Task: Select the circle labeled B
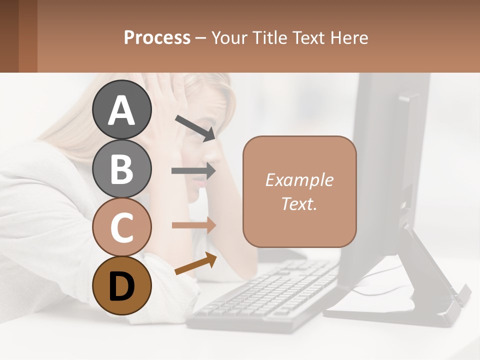click(x=122, y=168)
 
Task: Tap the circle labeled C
click(x=122, y=227)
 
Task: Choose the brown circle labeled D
click(x=122, y=285)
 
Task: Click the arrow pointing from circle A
click(x=195, y=128)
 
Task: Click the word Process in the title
click(x=157, y=37)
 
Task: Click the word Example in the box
click(x=299, y=180)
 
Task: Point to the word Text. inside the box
click(x=299, y=203)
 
